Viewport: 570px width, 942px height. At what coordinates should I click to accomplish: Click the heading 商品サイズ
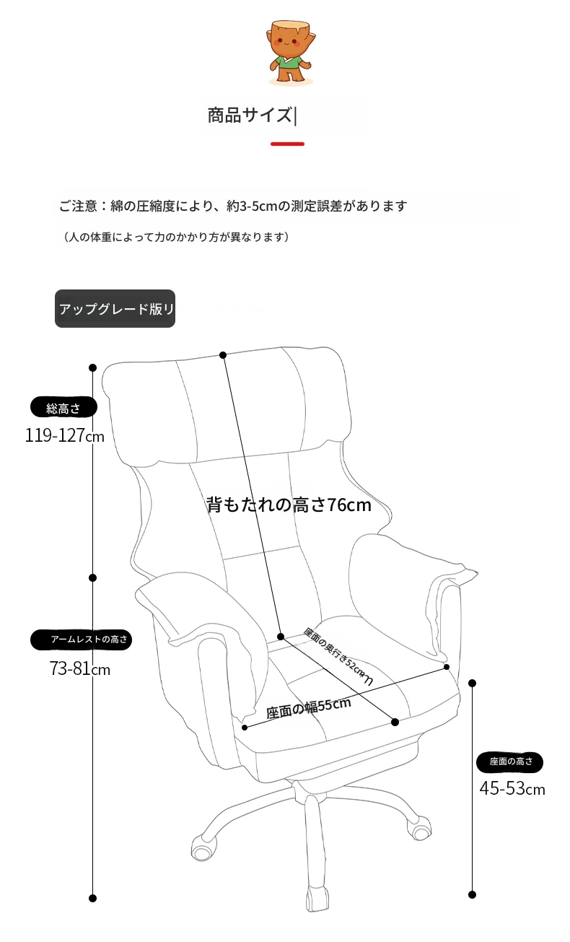tap(250, 115)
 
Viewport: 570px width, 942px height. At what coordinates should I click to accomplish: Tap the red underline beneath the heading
tap(287, 144)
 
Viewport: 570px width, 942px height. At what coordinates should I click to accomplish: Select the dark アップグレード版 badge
tap(115, 309)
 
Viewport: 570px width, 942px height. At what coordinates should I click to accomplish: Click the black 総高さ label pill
tap(63, 407)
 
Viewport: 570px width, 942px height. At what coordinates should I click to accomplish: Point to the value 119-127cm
tap(65, 435)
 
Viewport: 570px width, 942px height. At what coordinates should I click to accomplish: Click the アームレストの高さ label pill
tap(81, 640)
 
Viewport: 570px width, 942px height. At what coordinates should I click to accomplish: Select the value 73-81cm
tap(80, 668)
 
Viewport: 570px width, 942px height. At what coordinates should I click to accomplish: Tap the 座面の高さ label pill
tap(509, 762)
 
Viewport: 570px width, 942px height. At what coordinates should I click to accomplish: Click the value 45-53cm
tap(512, 788)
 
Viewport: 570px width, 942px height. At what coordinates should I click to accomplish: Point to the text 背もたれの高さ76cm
tap(289, 505)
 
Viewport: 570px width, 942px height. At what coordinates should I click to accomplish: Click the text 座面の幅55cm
tap(309, 708)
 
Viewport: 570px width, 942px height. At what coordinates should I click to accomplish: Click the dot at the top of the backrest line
tap(223, 355)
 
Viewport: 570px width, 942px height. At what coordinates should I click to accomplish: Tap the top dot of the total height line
tap(93, 368)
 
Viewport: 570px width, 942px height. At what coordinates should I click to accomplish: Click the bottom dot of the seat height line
tap(473, 895)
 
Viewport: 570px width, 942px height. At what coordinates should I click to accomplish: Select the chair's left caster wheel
tap(204, 847)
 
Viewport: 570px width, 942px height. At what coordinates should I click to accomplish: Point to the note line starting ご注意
tap(233, 206)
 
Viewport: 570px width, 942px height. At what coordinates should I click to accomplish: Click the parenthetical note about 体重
tap(176, 237)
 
